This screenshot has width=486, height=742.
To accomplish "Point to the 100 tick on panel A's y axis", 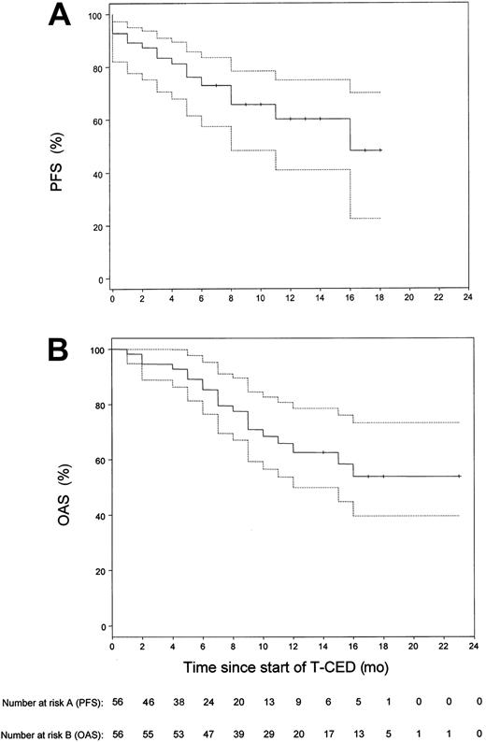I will (92, 17).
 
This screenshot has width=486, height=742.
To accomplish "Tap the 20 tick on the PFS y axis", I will (94, 226).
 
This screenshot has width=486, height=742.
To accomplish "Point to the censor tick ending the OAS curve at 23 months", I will (460, 476).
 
